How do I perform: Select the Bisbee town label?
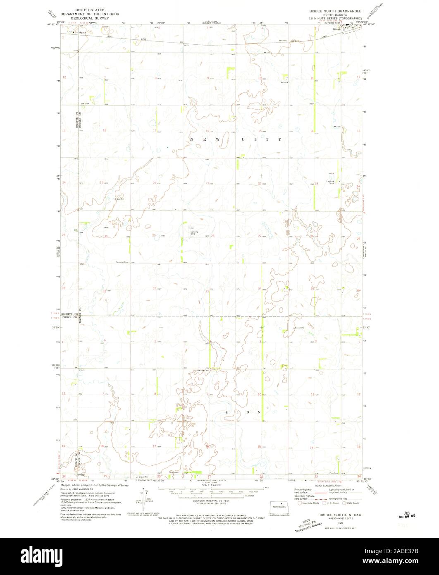point(336,29)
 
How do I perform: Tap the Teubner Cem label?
point(123,261)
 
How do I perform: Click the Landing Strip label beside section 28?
point(194,232)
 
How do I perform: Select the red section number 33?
point(208,291)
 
